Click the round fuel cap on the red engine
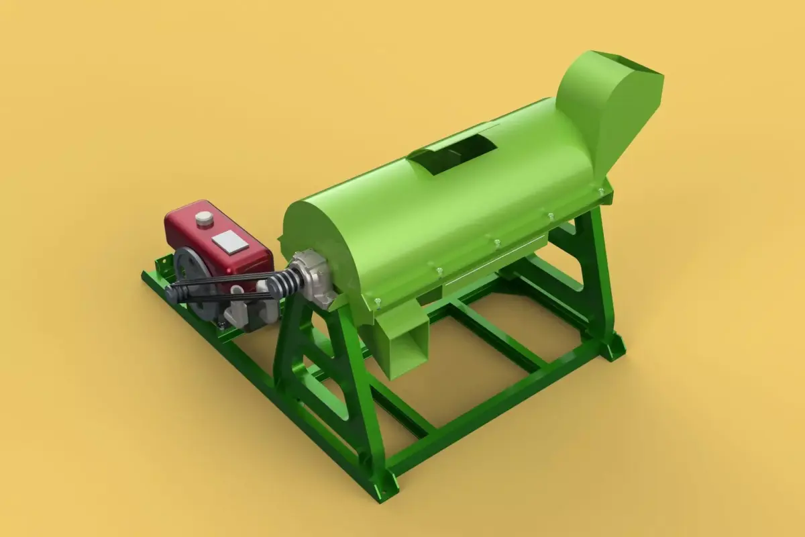pos(202,218)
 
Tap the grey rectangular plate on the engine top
pos(229,241)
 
